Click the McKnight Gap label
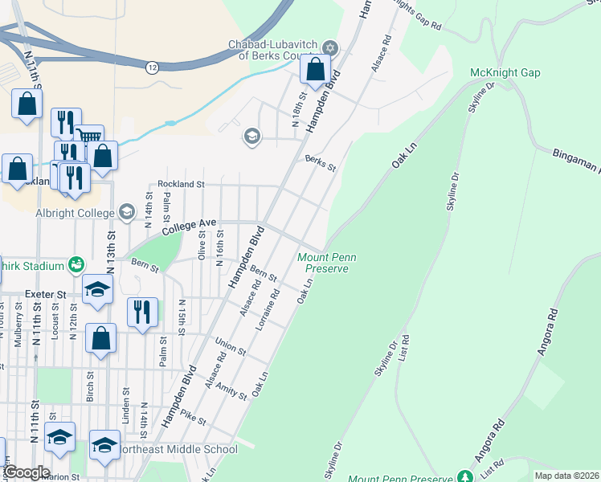point(505,72)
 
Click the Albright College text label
point(76,214)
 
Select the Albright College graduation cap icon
point(126,212)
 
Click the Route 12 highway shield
point(152,67)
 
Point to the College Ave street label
point(190,228)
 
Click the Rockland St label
point(182,184)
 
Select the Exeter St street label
point(45,295)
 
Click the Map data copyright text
point(566,475)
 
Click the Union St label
point(231,347)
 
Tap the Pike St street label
point(194,419)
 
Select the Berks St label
point(320,162)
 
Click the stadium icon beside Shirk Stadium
point(76,263)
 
